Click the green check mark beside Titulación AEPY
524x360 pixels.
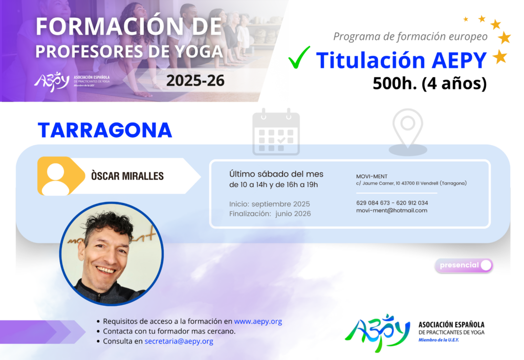pos(298,57)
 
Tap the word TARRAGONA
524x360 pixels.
pos(105,130)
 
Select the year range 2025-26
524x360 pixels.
pos(195,80)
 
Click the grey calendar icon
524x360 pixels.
pos(276,132)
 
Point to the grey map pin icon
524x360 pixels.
pos(408,132)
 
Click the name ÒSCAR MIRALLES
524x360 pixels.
pos(127,176)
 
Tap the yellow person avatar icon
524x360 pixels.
pos(61,176)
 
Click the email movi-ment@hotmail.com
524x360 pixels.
pos(391,210)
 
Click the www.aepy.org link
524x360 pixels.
pos(258,321)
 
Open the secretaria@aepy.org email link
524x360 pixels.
pos(179,341)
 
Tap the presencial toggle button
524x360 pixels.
pos(464,265)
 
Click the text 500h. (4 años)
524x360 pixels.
pos(429,83)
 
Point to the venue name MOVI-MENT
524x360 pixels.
pos(372,176)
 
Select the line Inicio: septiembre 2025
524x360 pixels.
pos(269,204)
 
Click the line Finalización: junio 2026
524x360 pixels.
pos(270,214)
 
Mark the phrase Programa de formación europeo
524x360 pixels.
pos(410,36)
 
